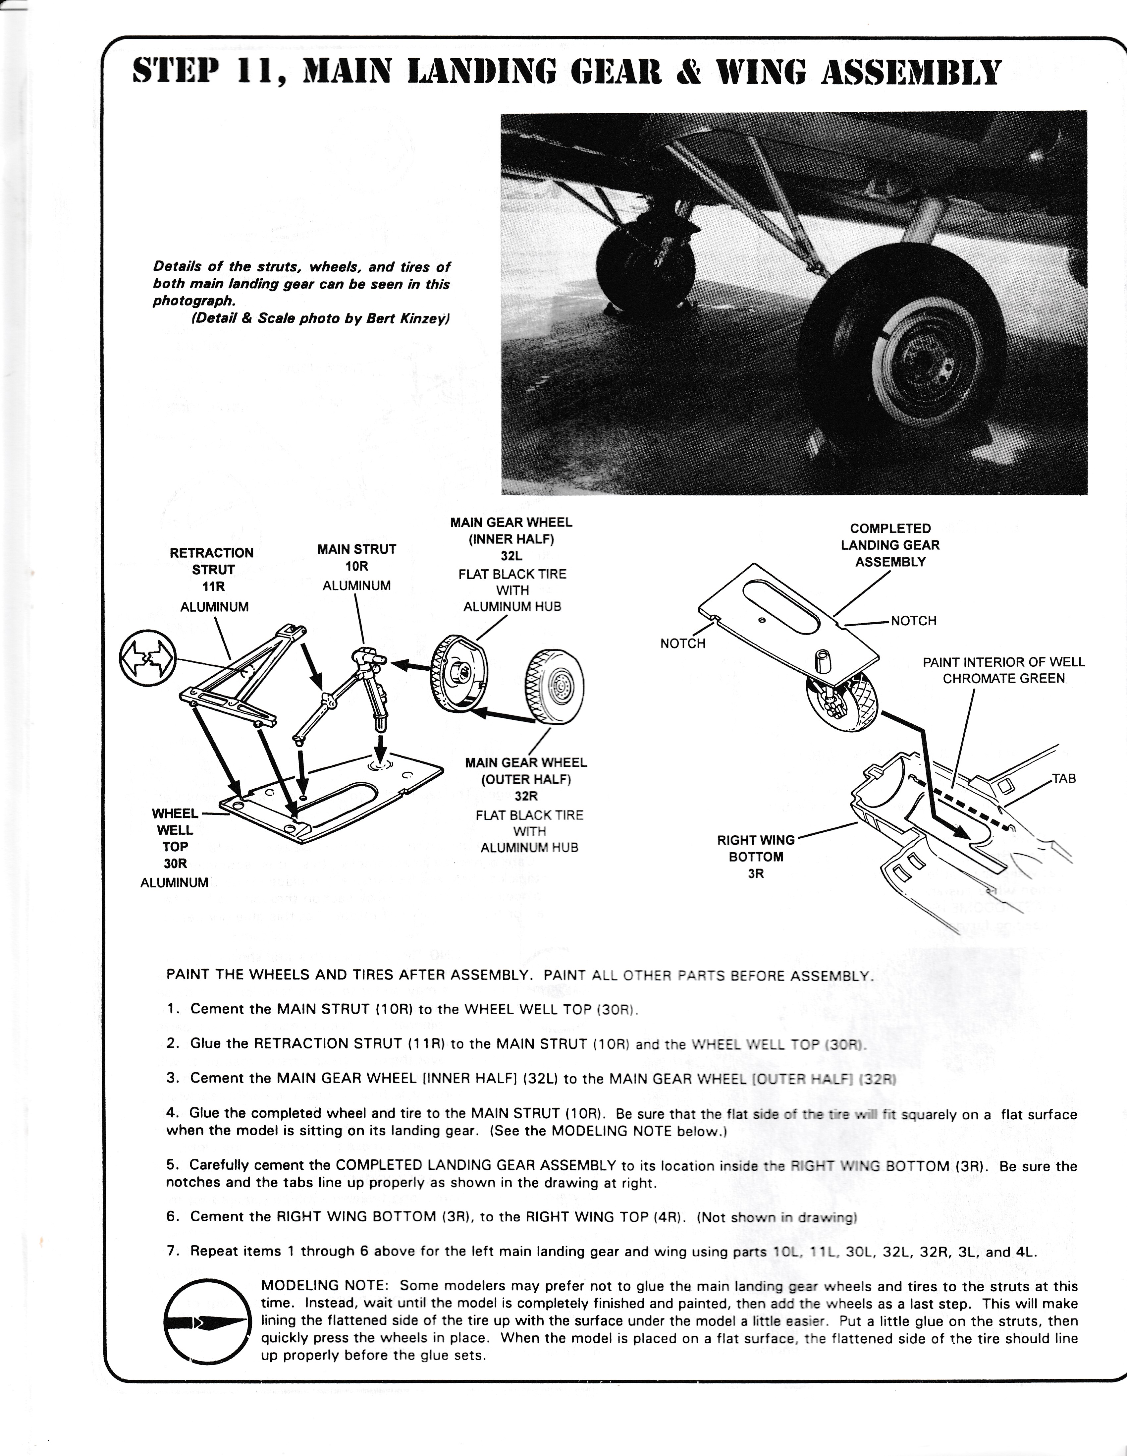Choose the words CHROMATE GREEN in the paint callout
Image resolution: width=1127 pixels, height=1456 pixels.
click(x=1004, y=679)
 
